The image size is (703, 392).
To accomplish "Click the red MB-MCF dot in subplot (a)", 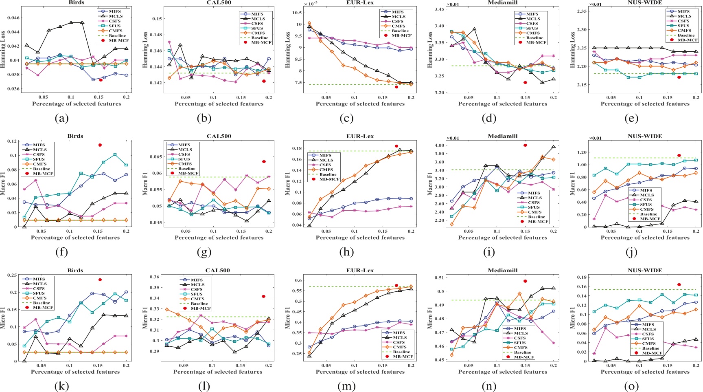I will tap(101, 80).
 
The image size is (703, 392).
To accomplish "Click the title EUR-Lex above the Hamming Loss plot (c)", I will tap(360, 2).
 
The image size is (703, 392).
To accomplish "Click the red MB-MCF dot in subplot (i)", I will tap(525, 145).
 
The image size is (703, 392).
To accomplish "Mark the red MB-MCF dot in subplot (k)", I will tap(100, 280).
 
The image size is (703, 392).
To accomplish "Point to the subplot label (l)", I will tap(203, 386).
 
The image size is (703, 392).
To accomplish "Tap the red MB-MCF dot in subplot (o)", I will tap(679, 285).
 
